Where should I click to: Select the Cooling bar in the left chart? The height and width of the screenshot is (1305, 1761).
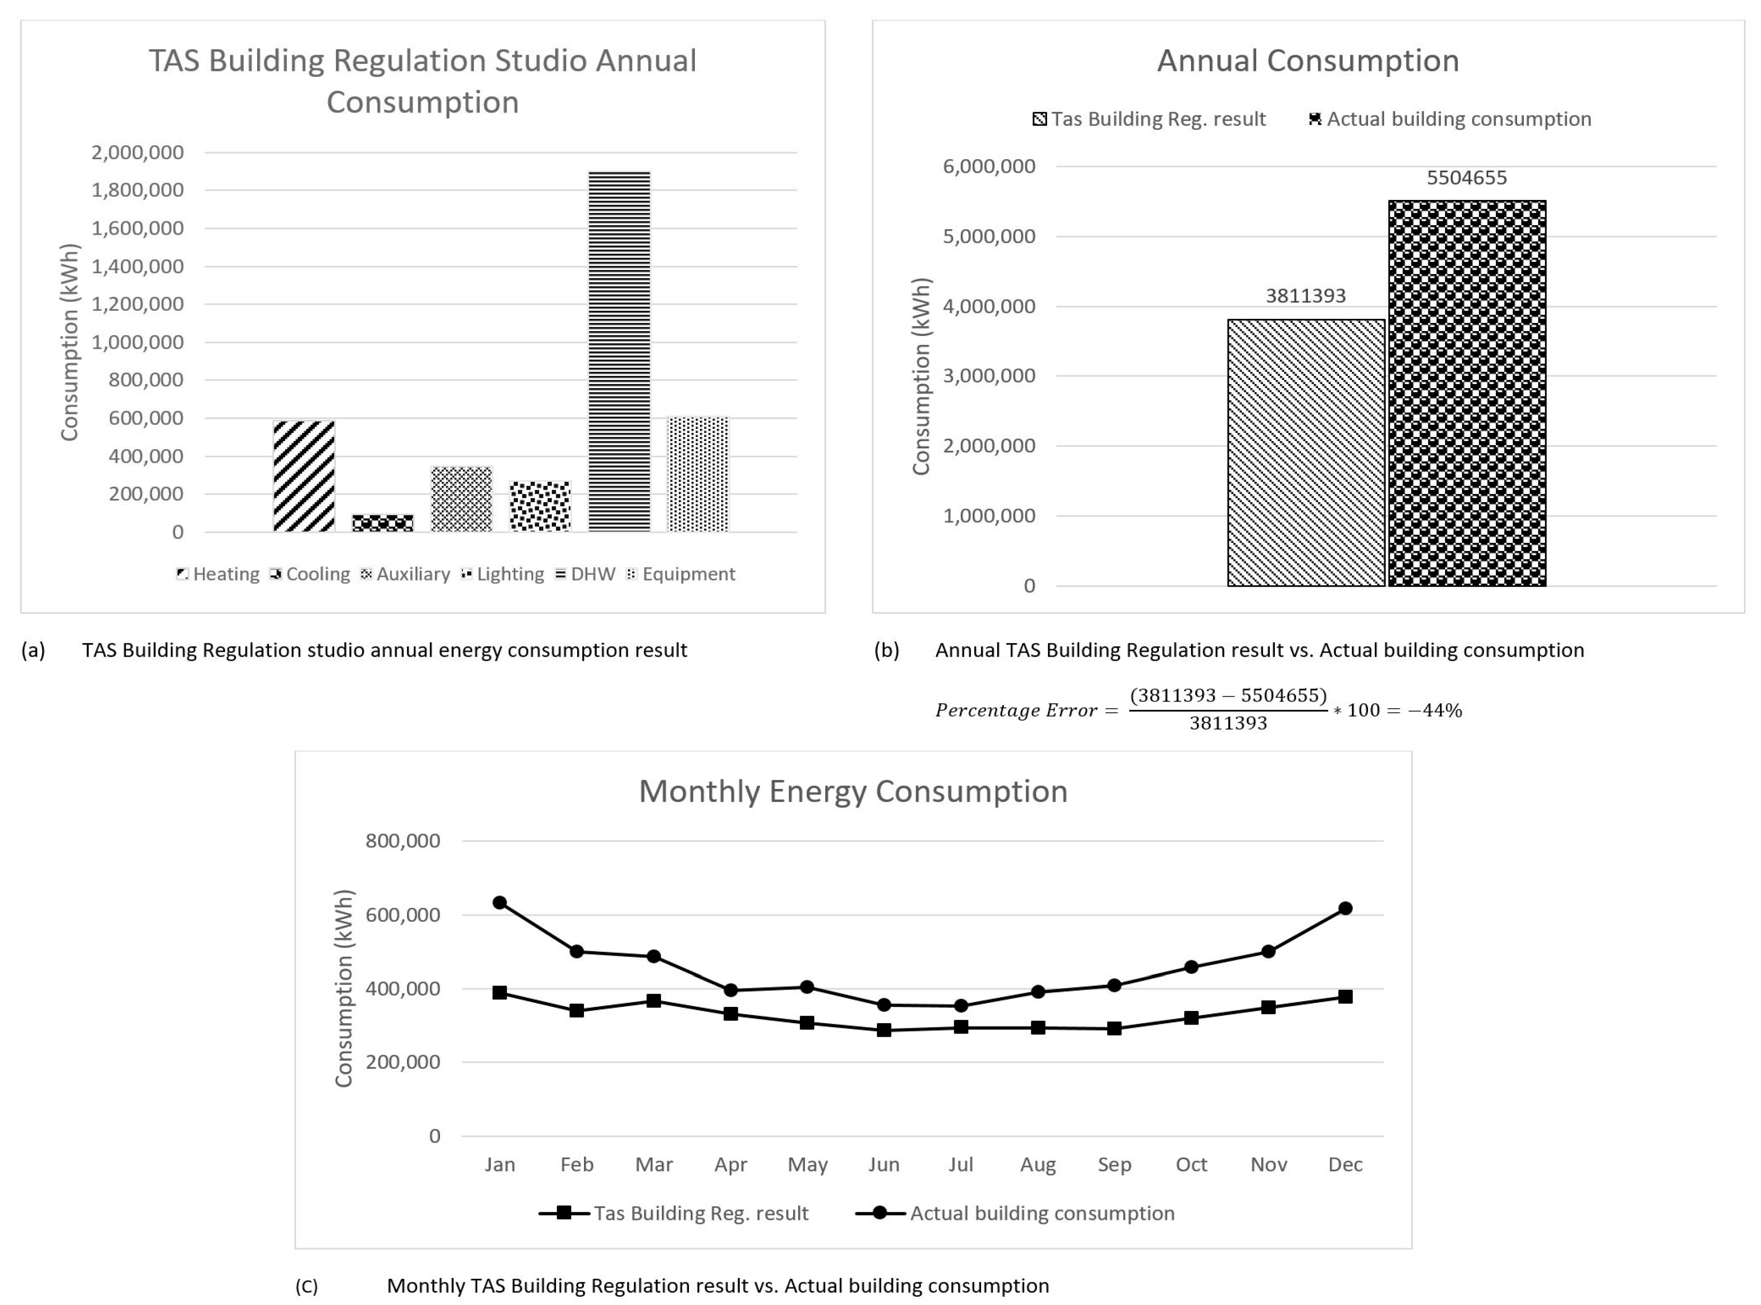383,523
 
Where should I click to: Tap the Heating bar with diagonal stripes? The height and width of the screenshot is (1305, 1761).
304,476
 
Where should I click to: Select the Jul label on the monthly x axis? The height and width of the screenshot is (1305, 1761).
960,1164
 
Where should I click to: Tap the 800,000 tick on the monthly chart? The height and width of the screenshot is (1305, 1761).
402,840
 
